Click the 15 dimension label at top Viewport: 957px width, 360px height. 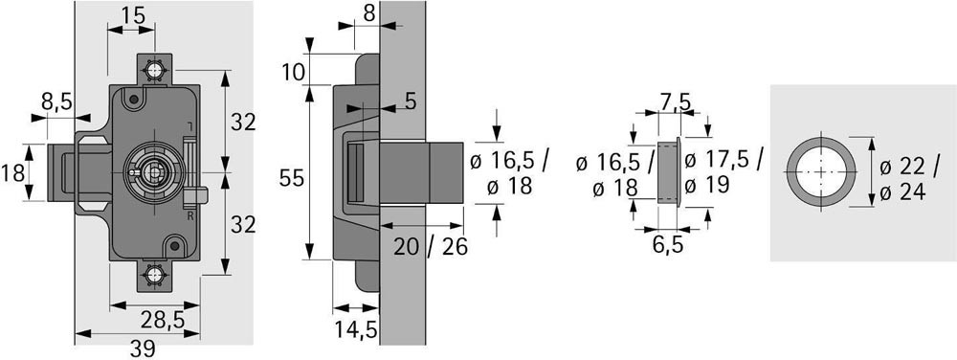(x=134, y=14)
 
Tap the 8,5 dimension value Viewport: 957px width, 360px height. (x=56, y=101)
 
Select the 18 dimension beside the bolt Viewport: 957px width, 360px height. (x=12, y=172)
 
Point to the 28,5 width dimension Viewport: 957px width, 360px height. (x=162, y=319)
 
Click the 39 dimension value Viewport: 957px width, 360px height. (x=143, y=349)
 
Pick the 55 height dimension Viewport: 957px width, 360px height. (x=291, y=178)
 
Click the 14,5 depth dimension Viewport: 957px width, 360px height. (x=356, y=329)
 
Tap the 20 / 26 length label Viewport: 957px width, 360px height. (x=431, y=246)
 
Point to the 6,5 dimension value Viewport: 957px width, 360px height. (x=667, y=245)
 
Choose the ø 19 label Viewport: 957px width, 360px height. (x=707, y=184)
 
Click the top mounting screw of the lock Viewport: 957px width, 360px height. (x=154, y=70)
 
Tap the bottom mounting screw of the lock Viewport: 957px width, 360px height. (x=154, y=276)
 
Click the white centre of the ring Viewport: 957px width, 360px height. (x=821, y=171)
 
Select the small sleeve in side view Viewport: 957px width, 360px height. (x=669, y=172)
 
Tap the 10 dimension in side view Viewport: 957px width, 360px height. (x=294, y=73)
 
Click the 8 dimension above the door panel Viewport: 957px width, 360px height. (x=368, y=14)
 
